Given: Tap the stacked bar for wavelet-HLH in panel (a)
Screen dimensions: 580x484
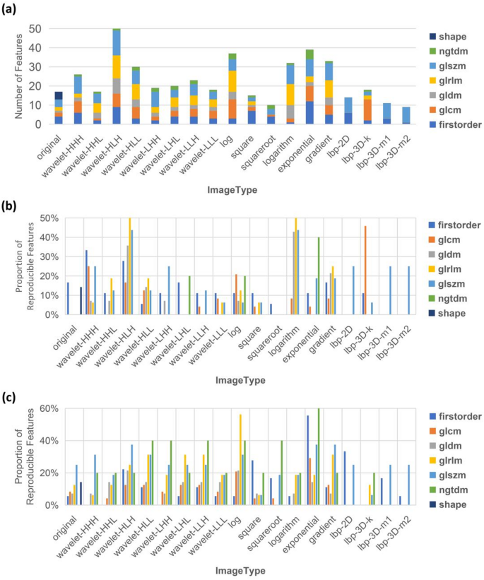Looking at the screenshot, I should (x=117, y=78).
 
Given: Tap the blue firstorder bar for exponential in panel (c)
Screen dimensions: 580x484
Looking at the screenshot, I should (x=307, y=460).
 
